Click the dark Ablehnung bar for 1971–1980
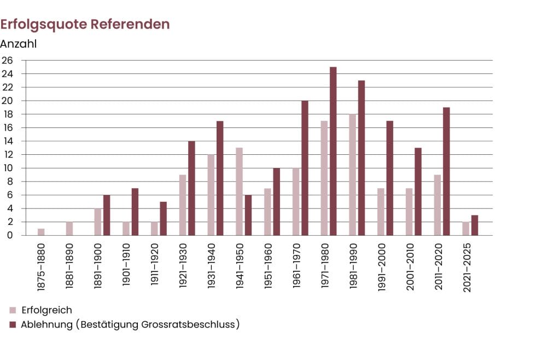[x=333, y=151]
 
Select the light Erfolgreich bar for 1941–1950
[x=239, y=191]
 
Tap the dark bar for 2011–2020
[x=446, y=171]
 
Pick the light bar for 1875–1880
[x=41, y=232]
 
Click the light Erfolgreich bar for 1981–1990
[x=352, y=175]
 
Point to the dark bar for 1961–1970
[x=305, y=168]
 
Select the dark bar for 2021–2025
[x=475, y=225]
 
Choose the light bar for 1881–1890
[x=69, y=229]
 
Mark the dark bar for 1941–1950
[x=248, y=215]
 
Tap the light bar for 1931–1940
[x=211, y=195]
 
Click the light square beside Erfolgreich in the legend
[x=13, y=310]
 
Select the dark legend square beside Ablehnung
[x=13, y=324]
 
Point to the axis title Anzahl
[x=19, y=44]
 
